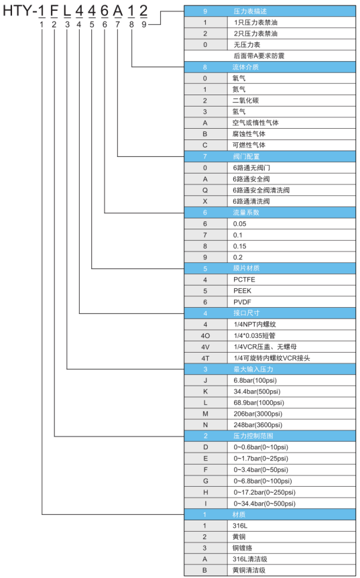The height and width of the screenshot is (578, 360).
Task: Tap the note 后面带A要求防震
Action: (259, 56)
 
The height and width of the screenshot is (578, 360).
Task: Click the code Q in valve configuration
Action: (205, 190)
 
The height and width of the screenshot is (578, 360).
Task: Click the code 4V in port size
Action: (205, 347)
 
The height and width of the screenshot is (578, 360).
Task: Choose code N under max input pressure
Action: (205, 425)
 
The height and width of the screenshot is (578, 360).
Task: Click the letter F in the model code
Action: (54, 11)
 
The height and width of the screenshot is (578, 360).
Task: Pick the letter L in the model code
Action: (66, 11)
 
